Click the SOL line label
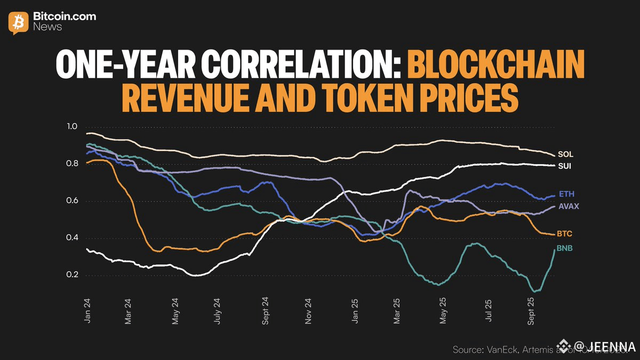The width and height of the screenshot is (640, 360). (565, 154)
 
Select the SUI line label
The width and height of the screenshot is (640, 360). (565, 166)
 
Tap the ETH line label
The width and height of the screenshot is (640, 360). (566, 194)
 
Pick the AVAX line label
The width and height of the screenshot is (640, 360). (569, 206)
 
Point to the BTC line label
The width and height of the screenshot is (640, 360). (565, 234)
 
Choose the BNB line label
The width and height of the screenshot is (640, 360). (565, 248)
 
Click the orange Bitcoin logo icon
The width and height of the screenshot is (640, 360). (18, 22)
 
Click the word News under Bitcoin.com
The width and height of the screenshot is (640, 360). (47, 27)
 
